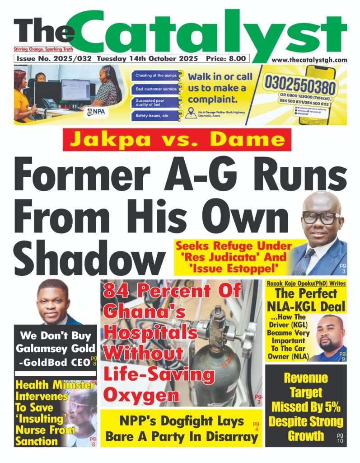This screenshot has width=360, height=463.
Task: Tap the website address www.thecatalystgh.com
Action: [309, 60]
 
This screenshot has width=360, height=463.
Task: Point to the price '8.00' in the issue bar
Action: [237, 59]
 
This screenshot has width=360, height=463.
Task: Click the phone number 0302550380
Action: [300, 86]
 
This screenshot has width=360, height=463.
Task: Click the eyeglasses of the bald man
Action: [321, 217]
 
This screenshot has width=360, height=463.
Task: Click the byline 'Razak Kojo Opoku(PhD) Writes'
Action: [305, 283]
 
